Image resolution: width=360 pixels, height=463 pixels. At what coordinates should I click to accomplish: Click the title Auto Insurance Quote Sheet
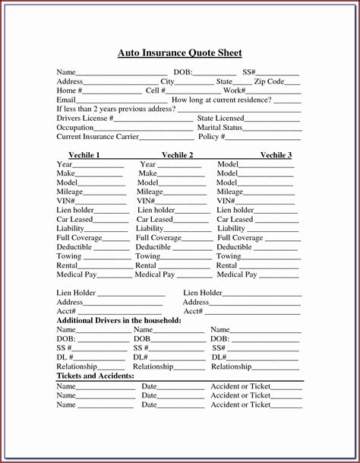[x=180, y=53]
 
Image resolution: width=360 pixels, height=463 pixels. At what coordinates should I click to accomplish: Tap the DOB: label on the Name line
[x=183, y=72]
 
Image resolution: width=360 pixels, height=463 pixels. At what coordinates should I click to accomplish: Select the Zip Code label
[x=269, y=81]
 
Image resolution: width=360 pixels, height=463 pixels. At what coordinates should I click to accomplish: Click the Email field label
[x=66, y=100]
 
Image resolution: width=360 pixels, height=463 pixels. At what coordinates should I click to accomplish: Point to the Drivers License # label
[x=85, y=119]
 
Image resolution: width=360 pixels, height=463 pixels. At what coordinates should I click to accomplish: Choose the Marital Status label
[x=219, y=128]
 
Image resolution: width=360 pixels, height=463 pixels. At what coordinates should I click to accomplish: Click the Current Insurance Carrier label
[x=96, y=137]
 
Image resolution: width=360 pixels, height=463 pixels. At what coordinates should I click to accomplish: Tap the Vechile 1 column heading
[x=84, y=155]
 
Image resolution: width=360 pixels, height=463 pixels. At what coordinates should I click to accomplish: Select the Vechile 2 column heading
[x=177, y=155]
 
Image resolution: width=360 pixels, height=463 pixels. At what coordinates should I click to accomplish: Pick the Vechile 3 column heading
[x=276, y=155]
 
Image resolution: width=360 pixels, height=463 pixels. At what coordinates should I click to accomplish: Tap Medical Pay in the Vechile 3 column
[x=236, y=274]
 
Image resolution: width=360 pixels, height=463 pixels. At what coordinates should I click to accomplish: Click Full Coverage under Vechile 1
[x=80, y=238]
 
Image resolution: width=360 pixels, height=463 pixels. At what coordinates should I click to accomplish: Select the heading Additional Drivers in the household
[x=119, y=321]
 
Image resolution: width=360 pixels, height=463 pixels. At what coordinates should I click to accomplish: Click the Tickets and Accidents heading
[x=96, y=376]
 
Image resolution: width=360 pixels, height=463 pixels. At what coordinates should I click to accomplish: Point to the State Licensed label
[x=220, y=119]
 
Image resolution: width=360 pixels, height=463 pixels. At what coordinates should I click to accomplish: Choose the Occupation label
[x=75, y=128]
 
